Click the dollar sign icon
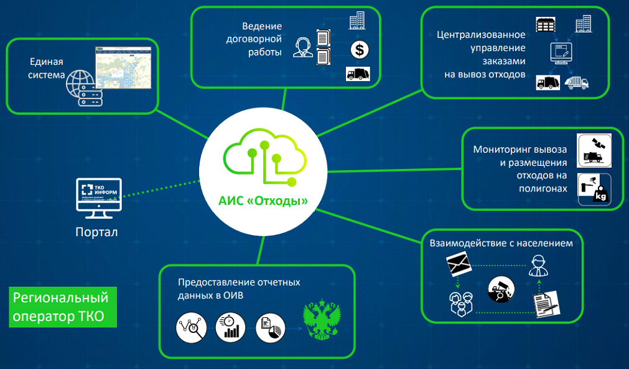[358, 49]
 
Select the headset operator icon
[302, 47]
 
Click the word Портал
[96, 232]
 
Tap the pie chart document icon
[269, 327]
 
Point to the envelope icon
[460, 265]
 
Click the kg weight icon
[594, 189]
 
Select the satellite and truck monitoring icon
[594, 150]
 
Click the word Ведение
[263, 26]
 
